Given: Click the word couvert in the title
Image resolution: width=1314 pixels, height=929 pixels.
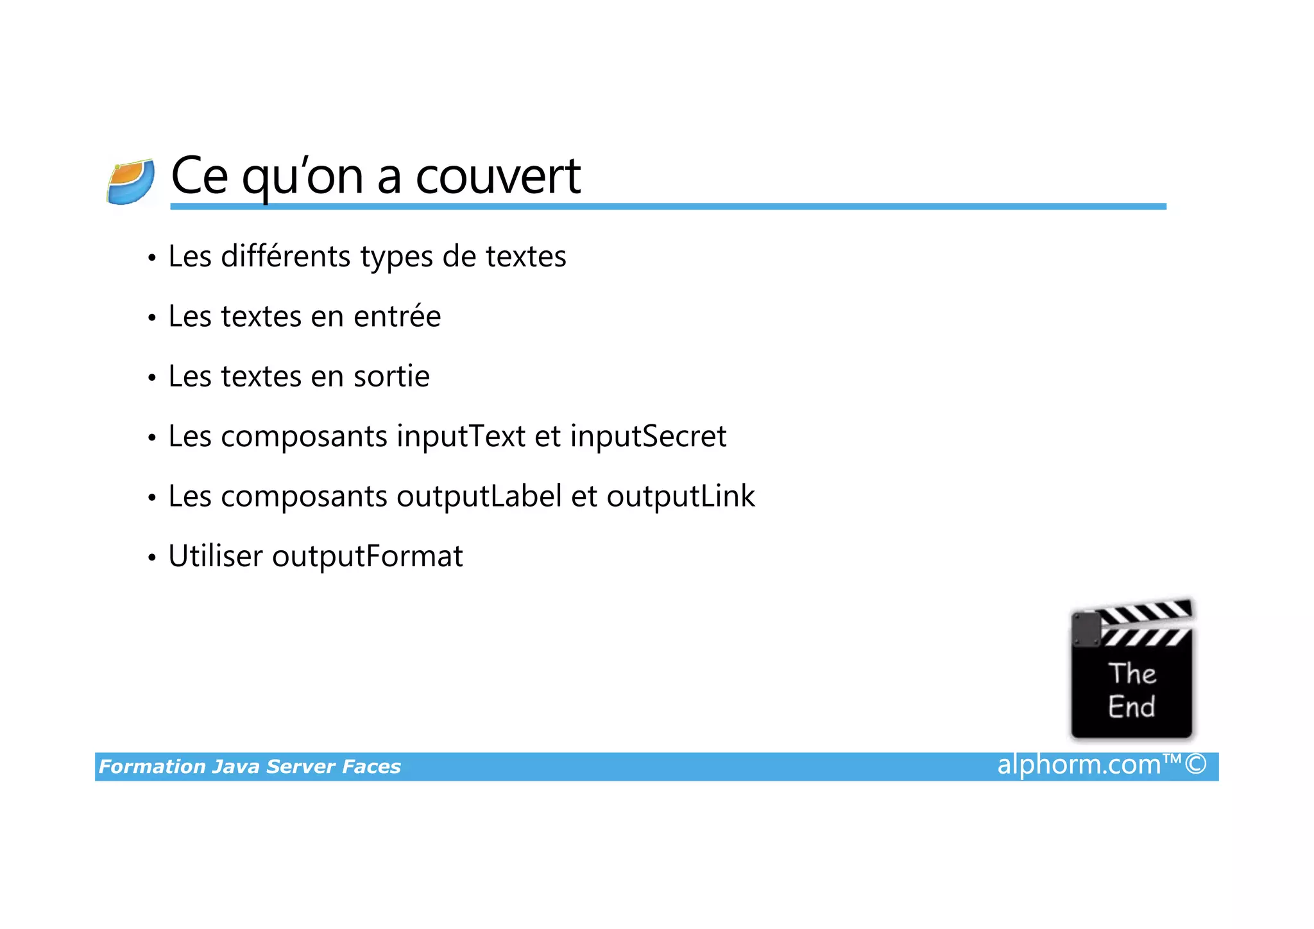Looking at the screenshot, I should coord(498,176).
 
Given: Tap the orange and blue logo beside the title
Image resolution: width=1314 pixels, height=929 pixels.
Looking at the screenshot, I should coord(131,182).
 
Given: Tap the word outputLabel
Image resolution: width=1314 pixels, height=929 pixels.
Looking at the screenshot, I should coord(479,496).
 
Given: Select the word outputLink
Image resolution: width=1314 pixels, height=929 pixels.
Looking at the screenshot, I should coord(681,496).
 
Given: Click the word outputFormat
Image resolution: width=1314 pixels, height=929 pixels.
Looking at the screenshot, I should coord(367,557).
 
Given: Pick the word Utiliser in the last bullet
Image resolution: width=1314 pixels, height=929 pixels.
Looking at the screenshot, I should coord(216,556).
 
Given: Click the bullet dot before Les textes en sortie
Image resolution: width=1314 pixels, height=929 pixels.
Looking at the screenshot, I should coord(152,378).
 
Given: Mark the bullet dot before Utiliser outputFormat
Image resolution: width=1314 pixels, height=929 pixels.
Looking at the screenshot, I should coord(152,558).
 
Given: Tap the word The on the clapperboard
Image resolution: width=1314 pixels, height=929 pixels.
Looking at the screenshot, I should coord(1132,673).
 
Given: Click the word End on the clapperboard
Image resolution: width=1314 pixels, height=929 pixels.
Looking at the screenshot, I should coord(1131,707).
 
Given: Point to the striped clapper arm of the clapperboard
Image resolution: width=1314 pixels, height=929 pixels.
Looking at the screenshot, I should coord(1145,613).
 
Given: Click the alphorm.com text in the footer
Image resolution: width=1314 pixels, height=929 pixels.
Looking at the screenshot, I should coord(1079,765).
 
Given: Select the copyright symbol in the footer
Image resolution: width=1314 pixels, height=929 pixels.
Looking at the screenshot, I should coord(1195,765).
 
